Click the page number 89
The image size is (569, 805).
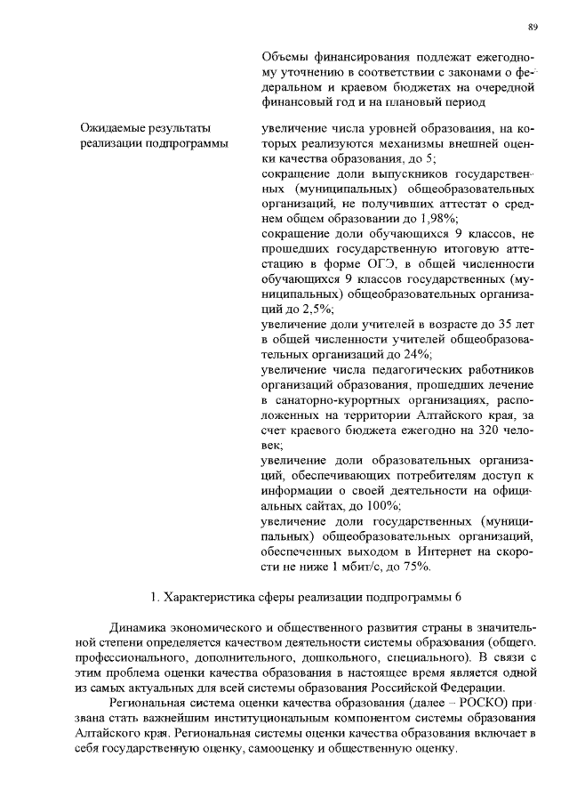click(x=533, y=28)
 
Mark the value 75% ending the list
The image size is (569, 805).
click(x=416, y=566)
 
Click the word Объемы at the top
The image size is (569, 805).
click(x=282, y=55)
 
